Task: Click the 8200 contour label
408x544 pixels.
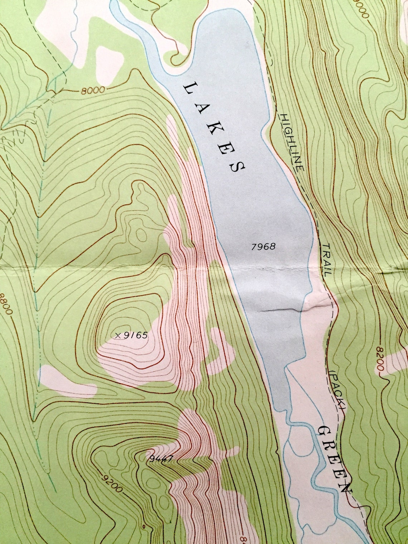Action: point(380,359)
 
